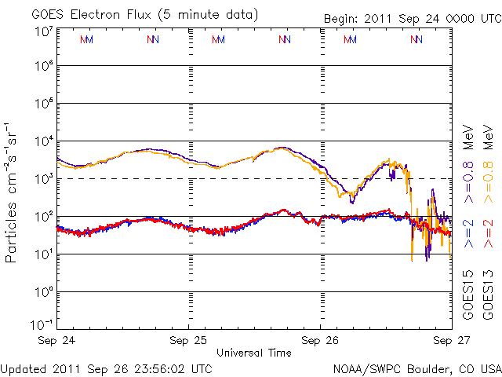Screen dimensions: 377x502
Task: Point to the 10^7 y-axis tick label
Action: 43,31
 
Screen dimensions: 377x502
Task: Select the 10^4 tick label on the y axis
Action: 43,141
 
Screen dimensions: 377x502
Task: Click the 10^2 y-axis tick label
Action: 43,217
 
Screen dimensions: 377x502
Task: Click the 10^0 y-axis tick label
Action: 43,292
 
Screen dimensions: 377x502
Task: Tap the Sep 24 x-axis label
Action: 57,341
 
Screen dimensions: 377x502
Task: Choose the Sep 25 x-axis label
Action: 189,341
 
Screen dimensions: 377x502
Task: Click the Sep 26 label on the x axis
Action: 320,341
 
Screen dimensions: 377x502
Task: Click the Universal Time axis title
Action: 254,353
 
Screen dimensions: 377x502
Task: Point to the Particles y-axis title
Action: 13,192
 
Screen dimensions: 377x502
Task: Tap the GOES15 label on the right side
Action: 468,295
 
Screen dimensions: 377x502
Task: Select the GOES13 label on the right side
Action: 487,295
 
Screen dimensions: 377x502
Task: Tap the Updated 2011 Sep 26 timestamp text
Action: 107,368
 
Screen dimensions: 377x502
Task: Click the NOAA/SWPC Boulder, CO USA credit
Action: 417,368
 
